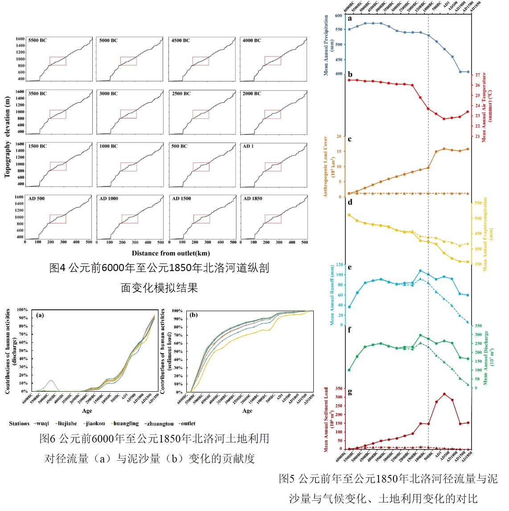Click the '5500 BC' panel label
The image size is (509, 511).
pyautogui.click(x=37, y=41)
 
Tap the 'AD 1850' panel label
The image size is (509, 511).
pyautogui.click(x=253, y=199)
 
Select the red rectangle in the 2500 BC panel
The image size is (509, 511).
pyautogui.click(x=201, y=114)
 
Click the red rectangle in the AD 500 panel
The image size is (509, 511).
pyautogui.click(x=58, y=219)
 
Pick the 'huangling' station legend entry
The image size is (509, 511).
pyautogui.click(x=125, y=423)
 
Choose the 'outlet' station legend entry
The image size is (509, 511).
pyautogui.click(x=187, y=423)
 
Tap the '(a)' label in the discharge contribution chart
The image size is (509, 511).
pyautogui.click(x=40, y=315)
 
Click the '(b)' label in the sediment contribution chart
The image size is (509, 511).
pyautogui.click(x=194, y=315)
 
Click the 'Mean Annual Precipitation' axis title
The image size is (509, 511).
pyautogui.click(x=326, y=45)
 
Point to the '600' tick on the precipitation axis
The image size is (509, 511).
pyautogui.click(x=338, y=16)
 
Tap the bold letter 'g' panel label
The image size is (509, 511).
pyautogui.click(x=350, y=392)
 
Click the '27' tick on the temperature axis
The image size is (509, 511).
pyautogui.click(x=477, y=75)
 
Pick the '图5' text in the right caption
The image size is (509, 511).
pyautogui.click(x=287, y=479)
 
